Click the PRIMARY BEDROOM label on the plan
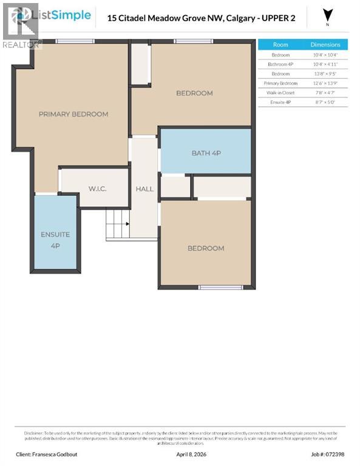[73, 114]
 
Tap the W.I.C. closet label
[97, 189]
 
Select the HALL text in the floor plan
[144, 189]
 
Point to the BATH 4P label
[206, 153]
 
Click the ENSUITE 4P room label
[55, 240]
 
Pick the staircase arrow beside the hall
[127, 224]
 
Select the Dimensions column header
[325, 45]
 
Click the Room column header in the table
[280, 45]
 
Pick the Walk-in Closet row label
[280, 93]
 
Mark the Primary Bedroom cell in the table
[280, 83]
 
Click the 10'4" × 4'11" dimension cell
[325, 64]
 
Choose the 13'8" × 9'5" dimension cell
[325, 73]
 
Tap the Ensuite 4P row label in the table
[280, 103]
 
